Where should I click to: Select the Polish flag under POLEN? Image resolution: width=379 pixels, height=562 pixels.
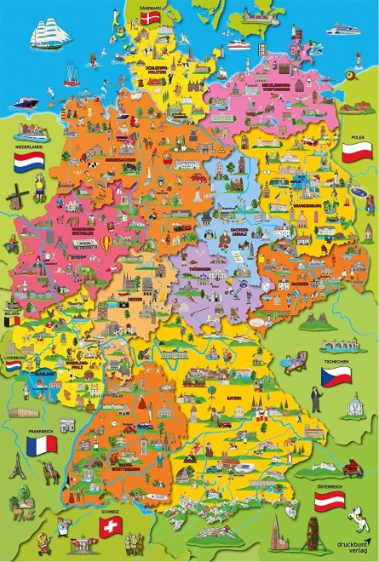point(354,152)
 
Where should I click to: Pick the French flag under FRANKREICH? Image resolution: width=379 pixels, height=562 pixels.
point(42,444)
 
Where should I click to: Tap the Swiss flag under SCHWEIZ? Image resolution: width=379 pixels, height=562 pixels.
point(108,528)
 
